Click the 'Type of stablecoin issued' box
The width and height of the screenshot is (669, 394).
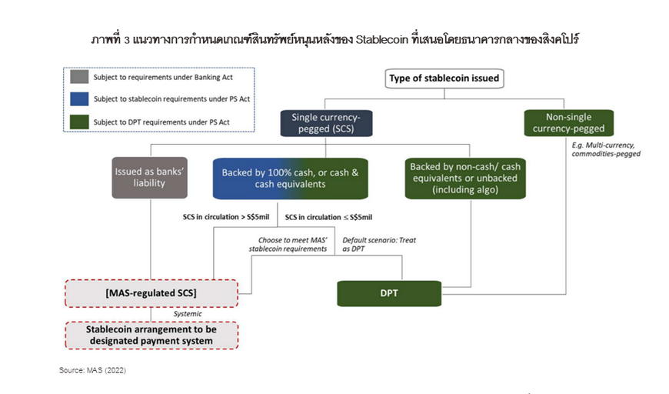pyautogui.click(x=444, y=78)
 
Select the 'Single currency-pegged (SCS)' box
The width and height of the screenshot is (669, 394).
pyautogui.click(x=326, y=123)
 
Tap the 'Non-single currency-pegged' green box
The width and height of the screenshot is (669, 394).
pyautogui.click(x=568, y=123)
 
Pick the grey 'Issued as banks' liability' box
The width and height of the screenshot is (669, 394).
pyautogui.click(x=149, y=178)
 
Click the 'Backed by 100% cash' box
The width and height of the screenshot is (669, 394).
pyautogui.click(x=290, y=179)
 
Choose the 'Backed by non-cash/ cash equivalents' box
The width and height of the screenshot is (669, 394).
pyautogui.click(x=465, y=179)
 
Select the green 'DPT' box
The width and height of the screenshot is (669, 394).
pyautogui.click(x=389, y=293)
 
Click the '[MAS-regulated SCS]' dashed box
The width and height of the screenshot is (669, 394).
pyautogui.click(x=151, y=293)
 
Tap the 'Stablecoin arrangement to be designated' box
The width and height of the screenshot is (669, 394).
pyautogui.click(x=151, y=335)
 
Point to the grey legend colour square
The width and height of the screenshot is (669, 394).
pyautogui.click(x=79, y=77)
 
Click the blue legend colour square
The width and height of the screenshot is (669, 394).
pyautogui.click(x=79, y=99)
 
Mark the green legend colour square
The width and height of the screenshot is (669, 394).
pyautogui.click(x=79, y=122)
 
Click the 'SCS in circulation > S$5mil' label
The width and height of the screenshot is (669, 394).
pyautogui.click(x=226, y=217)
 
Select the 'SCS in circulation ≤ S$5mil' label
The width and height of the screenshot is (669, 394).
pyautogui.click(x=328, y=217)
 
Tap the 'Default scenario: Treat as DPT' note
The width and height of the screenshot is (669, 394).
pyautogui.click(x=379, y=245)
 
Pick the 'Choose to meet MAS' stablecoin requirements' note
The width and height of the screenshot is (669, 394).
pyautogui.click(x=288, y=245)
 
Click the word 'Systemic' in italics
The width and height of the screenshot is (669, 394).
pyautogui.click(x=188, y=314)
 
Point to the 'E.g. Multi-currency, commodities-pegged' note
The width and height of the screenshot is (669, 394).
pyautogui.click(x=606, y=149)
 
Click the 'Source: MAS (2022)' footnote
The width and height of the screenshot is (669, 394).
pyautogui.click(x=92, y=370)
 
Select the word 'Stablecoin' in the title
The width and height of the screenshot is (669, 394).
pyautogui.click(x=382, y=40)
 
